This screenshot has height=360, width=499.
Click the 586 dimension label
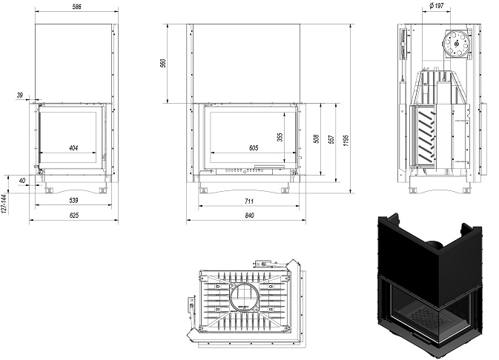click(x=76, y=7)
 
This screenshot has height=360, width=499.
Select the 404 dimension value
click(x=73, y=148)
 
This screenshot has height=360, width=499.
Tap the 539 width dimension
click(x=73, y=200)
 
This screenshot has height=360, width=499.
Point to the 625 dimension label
click(x=73, y=216)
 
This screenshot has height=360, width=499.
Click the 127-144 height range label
click(x=4, y=204)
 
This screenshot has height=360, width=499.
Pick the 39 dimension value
click(x=20, y=95)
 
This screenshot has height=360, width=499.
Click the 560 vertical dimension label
click(x=164, y=63)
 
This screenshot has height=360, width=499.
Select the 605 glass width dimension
click(x=254, y=148)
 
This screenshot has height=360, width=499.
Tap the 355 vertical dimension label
click(x=280, y=137)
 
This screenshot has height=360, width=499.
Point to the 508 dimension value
click(x=317, y=139)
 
